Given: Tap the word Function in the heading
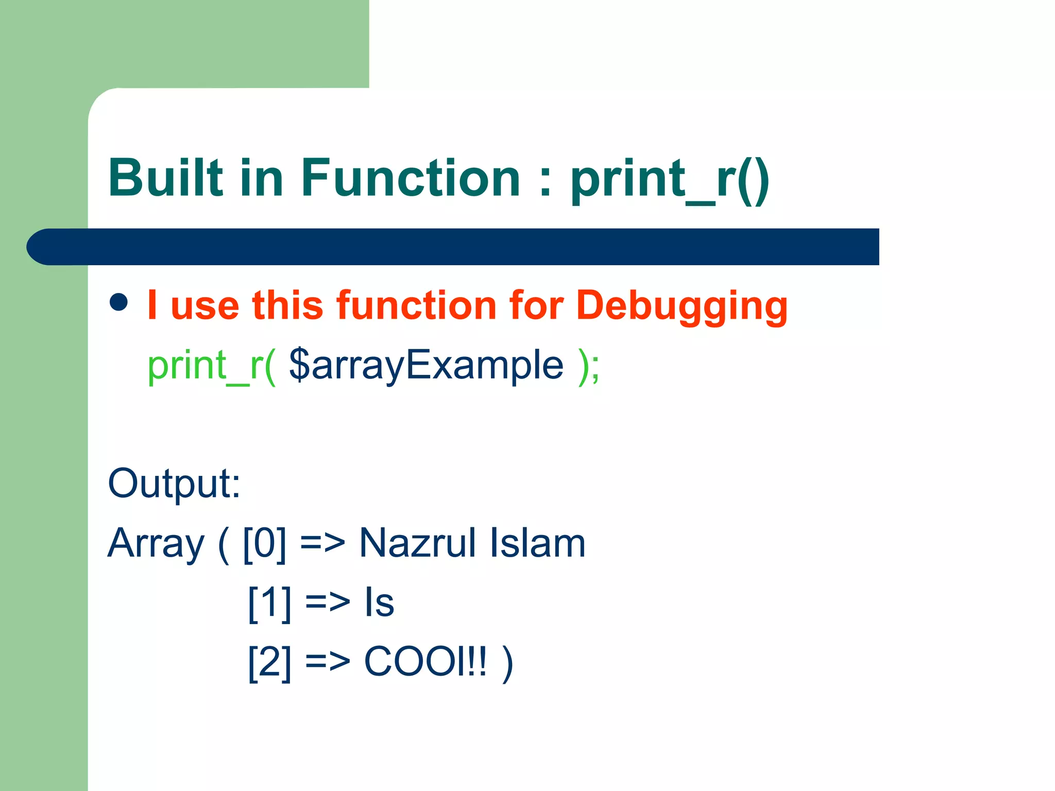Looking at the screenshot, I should pos(411,178).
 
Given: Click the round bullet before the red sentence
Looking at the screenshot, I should pos(118,302).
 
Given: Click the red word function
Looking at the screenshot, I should pos(418,305).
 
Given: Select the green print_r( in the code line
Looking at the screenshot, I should pos(212,366).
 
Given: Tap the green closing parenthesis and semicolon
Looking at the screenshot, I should pos(589,366).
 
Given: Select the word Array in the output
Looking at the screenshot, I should pos(156,544).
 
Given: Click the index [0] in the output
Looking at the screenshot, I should pos(264,544).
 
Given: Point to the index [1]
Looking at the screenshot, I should pos(269,603).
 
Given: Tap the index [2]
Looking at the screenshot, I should pos(269,662).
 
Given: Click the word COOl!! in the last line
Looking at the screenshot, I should pos(425,661).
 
